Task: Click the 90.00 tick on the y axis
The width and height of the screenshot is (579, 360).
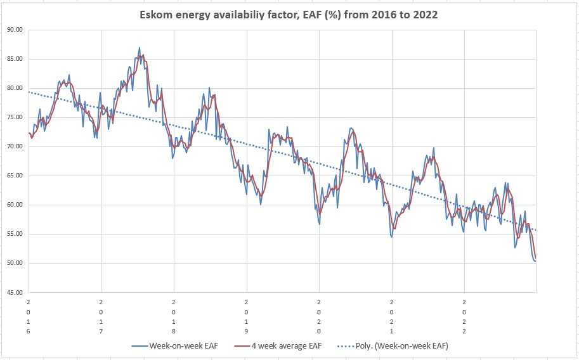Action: (15, 30)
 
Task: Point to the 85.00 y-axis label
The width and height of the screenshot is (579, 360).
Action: (15, 59)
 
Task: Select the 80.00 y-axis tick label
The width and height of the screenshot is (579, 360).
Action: (15, 88)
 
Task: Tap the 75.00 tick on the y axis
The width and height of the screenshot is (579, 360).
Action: (15, 117)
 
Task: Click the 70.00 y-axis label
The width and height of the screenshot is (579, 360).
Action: (15, 146)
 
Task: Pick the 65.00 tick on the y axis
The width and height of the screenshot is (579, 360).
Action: (15, 176)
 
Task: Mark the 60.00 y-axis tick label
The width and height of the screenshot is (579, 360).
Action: (15, 205)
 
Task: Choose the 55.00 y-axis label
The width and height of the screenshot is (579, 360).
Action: (15, 234)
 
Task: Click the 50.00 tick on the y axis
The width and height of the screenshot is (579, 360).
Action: (15, 263)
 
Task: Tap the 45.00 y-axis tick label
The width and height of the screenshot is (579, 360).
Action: (15, 292)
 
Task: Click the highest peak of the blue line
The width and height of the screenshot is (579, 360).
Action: (140, 48)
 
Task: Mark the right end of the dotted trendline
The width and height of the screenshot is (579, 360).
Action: (536, 230)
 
